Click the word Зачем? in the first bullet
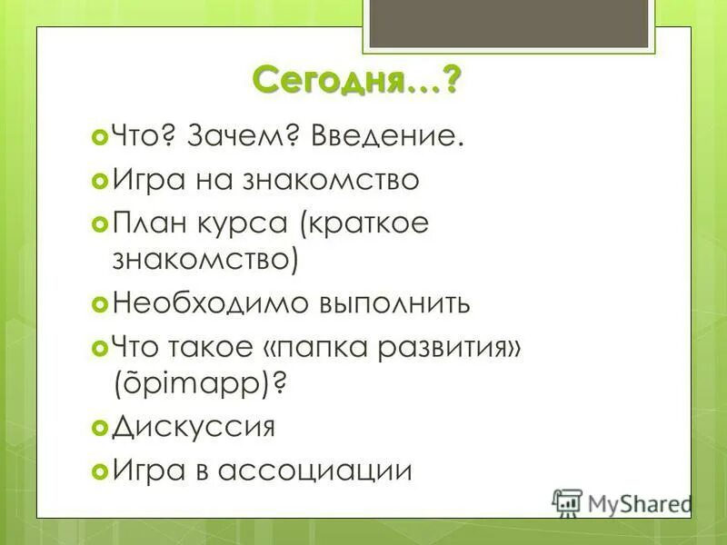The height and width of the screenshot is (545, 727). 244,137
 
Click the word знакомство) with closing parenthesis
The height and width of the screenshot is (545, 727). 205,259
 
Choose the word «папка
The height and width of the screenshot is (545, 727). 324,347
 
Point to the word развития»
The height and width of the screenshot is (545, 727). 458,346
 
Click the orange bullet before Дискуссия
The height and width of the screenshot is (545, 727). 100,427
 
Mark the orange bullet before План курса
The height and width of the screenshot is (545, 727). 100,223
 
